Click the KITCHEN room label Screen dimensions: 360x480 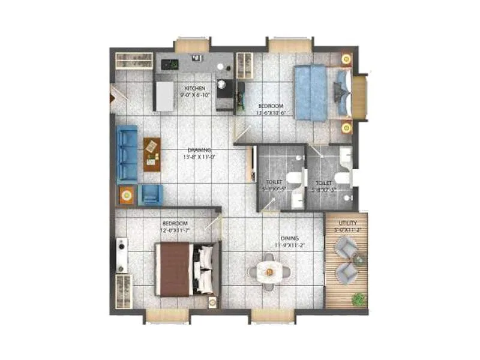click(x=196, y=88)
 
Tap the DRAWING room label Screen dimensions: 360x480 click(x=198, y=150)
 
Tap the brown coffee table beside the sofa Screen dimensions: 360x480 click(x=152, y=154)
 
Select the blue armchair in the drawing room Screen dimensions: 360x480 click(x=151, y=194)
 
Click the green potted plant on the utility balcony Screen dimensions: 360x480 click(x=359, y=298)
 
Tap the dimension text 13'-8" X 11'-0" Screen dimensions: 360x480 click(x=199, y=157)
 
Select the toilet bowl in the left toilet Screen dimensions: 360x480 click(x=293, y=178)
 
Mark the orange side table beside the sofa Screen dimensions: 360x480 click(x=126, y=194)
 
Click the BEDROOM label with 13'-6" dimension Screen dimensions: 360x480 click(x=270, y=106)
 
